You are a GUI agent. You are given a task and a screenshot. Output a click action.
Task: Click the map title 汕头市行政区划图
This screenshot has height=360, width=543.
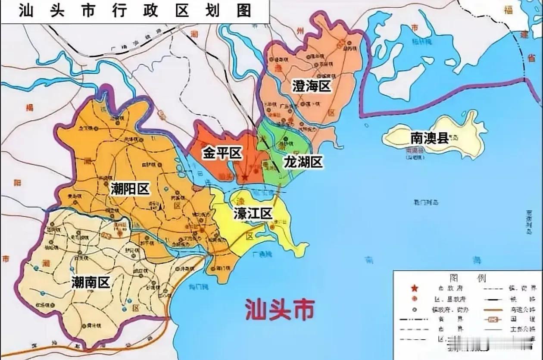point(134,10)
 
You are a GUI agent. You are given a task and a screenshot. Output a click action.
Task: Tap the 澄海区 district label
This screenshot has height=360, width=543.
point(311,86)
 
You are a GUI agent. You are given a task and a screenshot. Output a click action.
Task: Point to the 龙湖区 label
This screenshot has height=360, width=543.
point(303,162)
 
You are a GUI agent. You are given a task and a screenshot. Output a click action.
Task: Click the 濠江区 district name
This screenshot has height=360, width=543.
point(253,213)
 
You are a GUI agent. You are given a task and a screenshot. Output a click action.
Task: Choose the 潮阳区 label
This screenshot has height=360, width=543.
point(129,189)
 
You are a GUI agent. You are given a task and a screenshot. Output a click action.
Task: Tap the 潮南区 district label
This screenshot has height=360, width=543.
point(90,282)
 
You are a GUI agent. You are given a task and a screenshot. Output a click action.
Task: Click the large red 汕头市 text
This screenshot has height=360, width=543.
point(280,309)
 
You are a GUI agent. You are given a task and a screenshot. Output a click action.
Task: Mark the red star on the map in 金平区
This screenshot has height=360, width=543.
point(245,177)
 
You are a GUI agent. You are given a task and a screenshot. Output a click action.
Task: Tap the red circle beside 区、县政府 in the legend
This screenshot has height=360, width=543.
point(415,299)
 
